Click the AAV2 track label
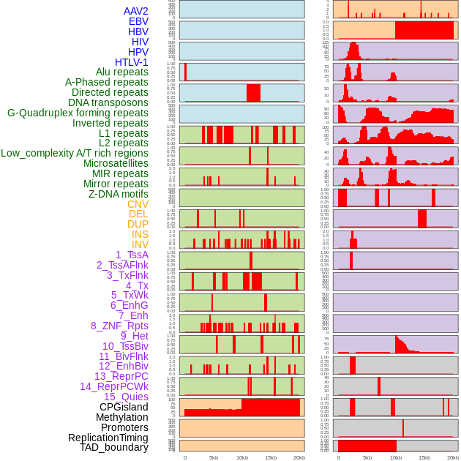point(135,11)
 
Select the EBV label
point(138,21)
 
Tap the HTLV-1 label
point(132,62)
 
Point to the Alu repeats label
point(122,72)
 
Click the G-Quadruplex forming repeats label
point(78,113)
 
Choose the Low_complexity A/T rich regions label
point(75,153)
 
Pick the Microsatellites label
point(116,163)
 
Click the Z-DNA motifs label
point(119,194)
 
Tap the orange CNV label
point(138,203)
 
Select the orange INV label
point(140,244)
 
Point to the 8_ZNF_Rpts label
point(119,326)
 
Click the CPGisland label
point(124,407)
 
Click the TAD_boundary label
point(114,447)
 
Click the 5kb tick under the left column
point(214,457)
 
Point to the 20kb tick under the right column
point(453,457)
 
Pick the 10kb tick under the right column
point(396,457)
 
